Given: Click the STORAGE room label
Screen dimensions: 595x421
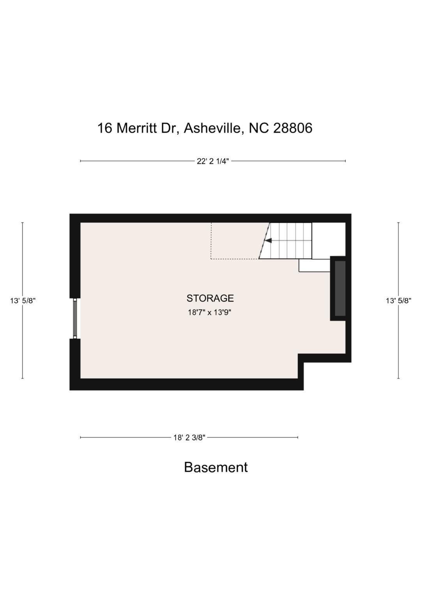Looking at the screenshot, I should pyautogui.click(x=210, y=298).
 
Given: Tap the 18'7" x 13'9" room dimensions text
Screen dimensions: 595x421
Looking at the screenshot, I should pyautogui.click(x=210, y=313).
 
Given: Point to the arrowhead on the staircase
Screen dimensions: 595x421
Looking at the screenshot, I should pyautogui.click(x=268, y=240).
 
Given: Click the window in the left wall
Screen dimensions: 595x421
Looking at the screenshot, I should pyautogui.click(x=75, y=318).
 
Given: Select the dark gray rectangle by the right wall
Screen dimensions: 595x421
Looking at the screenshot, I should pyautogui.click(x=340, y=288).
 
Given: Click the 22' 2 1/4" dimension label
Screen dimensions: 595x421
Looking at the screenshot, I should pyautogui.click(x=212, y=161).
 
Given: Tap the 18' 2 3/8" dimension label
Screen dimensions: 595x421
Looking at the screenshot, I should pyautogui.click(x=189, y=438).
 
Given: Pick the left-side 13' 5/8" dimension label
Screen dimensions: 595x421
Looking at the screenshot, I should pyautogui.click(x=23, y=301).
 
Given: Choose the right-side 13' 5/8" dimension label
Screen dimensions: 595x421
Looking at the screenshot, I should pyautogui.click(x=398, y=301).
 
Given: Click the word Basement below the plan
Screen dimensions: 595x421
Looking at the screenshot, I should pyautogui.click(x=216, y=467).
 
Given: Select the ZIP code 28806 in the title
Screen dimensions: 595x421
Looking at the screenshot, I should pyautogui.click(x=293, y=128).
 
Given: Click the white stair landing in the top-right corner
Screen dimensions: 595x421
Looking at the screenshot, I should pyautogui.click(x=329, y=239).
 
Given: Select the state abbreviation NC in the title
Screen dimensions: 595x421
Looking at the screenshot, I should pyautogui.click(x=259, y=128).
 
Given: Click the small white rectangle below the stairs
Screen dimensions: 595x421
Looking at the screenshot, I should pyautogui.click(x=314, y=265).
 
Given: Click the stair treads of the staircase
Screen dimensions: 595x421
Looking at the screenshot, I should pyautogui.click(x=292, y=240).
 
